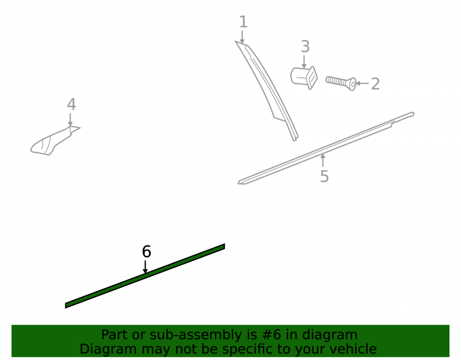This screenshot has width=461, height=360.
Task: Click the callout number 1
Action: [243, 22]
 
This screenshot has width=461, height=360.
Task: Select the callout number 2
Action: [375, 84]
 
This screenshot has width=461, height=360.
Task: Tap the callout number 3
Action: [306, 47]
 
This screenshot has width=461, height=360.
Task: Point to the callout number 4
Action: [71, 104]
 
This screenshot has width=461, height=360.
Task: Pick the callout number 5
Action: [324, 177]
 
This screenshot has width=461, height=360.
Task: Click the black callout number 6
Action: [147, 252]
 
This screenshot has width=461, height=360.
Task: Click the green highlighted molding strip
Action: [145, 276]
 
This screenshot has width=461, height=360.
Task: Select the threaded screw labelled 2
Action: [341, 83]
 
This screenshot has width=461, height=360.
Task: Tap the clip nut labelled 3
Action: [304, 77]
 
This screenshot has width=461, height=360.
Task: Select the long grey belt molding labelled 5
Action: [326, 148]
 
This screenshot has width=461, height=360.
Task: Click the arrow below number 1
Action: [242, 37]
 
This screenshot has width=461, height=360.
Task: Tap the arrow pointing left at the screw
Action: [362, 83]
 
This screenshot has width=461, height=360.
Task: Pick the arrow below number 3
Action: [304, 62]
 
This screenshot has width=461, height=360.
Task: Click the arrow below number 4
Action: [70, 120]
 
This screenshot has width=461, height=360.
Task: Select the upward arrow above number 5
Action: [323, 160]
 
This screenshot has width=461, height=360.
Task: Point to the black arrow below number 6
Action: [145, 267]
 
